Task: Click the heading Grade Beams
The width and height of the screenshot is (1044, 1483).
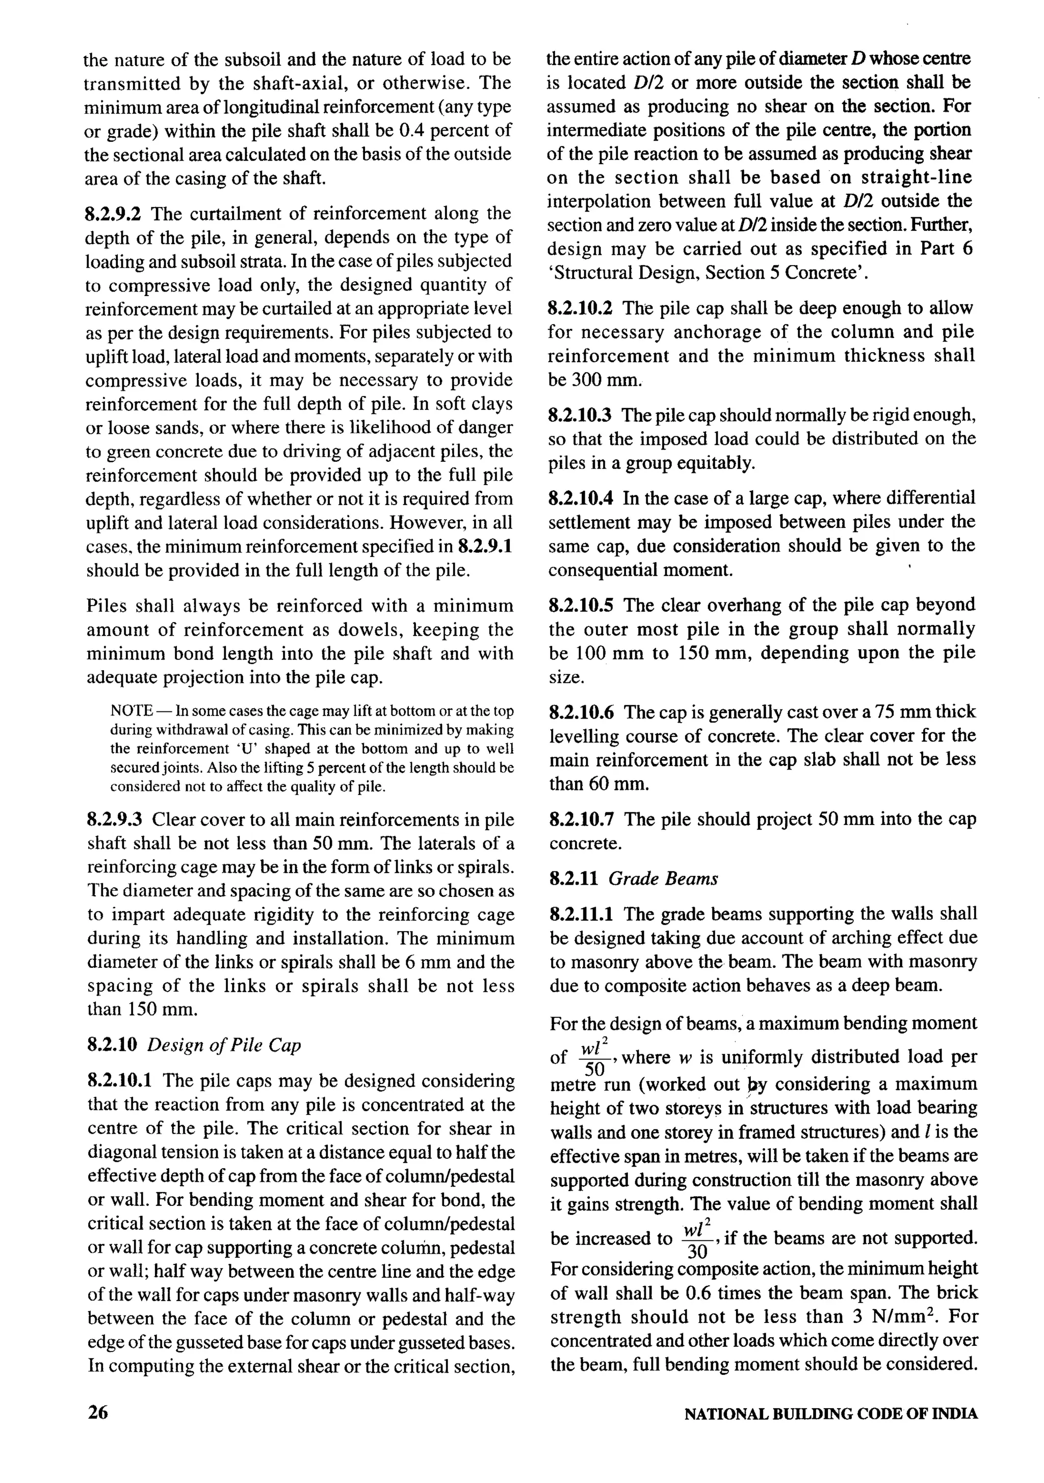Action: [664, 879]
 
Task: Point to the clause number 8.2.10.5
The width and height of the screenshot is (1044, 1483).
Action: [582, 605]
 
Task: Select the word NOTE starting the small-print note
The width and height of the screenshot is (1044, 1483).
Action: [131, 711]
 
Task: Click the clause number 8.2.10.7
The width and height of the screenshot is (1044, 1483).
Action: [582, 819]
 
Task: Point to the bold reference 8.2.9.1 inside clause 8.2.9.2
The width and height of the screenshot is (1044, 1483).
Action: [484, 546]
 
